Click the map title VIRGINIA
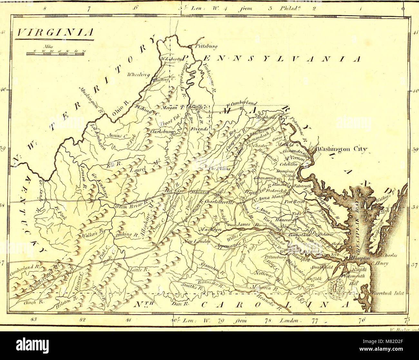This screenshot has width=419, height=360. (x=54, y=32)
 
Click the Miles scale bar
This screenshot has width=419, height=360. (x=55, y=54)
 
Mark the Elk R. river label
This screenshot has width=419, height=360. (x=114, y=164)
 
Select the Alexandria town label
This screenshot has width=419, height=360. (x=291, y=151)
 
